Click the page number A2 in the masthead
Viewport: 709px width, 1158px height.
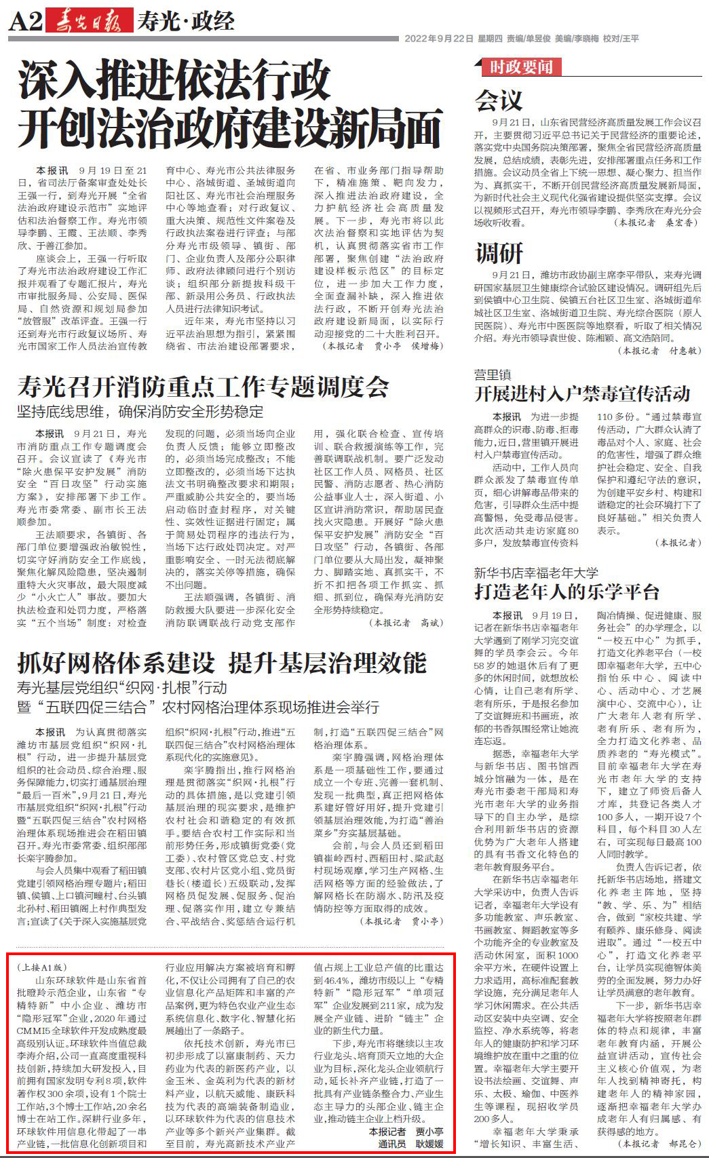[25, 22]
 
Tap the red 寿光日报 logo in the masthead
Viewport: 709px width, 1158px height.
[89, 22]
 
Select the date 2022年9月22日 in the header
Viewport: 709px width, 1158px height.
[438, 39]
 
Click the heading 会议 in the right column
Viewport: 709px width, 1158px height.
[499, 100]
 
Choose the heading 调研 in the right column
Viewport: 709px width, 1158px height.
[499, 253]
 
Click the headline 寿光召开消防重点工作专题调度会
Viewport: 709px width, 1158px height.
[203, 386]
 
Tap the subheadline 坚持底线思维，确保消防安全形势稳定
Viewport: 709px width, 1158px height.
[140, 411]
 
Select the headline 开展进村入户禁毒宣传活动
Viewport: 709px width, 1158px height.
[581, 394]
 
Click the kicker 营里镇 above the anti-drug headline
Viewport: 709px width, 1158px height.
[492, 374]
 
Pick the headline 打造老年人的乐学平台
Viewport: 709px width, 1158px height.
[567, 592]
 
